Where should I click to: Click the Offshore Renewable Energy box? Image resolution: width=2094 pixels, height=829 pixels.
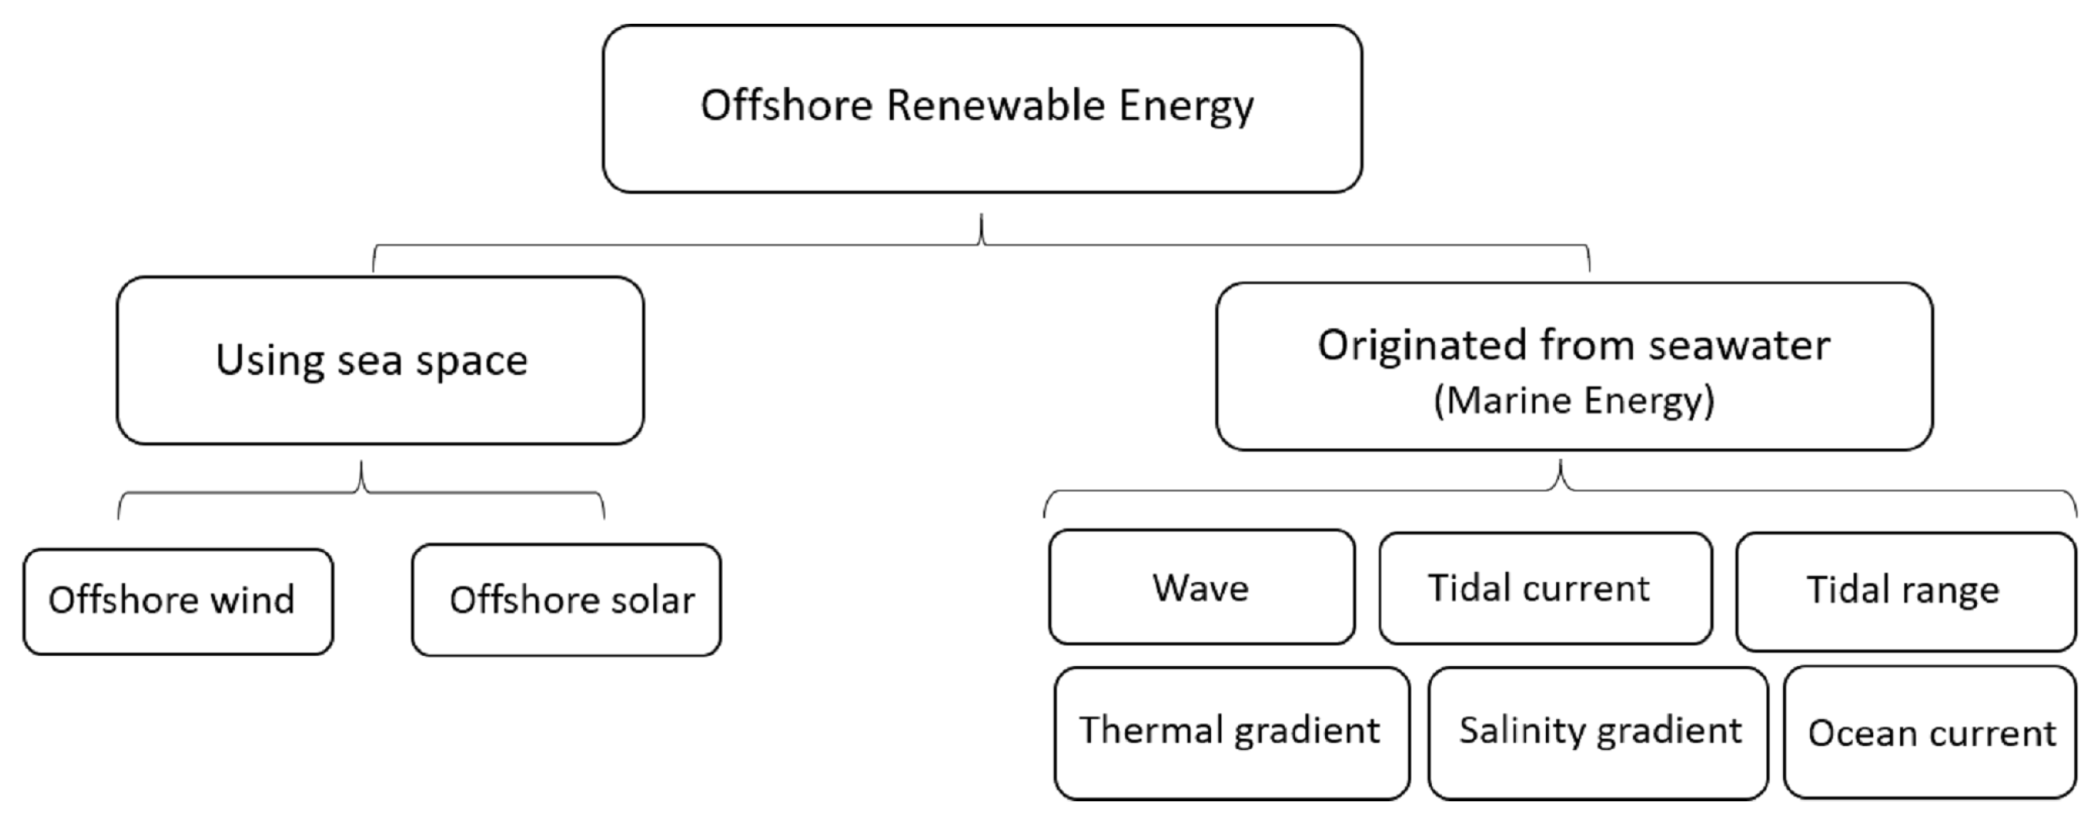981,108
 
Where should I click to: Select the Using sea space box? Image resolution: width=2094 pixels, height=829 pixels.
380,360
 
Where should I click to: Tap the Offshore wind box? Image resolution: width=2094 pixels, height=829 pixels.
177,601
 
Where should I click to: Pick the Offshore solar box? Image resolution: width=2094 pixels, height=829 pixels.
566,600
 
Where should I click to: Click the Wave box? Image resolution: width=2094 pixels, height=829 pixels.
1201,587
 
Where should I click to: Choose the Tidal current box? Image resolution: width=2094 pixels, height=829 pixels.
1544,588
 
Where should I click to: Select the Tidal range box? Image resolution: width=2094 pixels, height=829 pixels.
1905,591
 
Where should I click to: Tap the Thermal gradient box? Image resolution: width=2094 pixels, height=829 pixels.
1231,732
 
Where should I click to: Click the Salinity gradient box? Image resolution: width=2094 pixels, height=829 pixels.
1597,732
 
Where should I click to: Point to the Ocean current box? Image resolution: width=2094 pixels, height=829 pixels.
1929,733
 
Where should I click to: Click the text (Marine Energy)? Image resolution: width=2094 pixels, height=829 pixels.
1573,401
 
